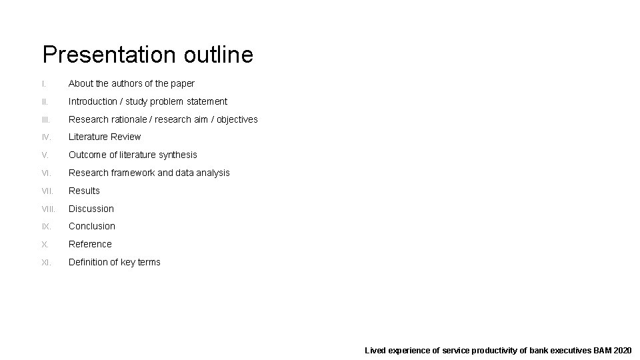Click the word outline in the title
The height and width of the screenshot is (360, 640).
click(217, 55)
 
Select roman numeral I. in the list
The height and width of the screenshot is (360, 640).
click(43, 84)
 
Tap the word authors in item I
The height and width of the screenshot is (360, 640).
click(127, 83)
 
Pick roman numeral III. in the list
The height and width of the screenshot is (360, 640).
click(45, 120)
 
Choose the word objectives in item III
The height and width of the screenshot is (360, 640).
click(233, 119)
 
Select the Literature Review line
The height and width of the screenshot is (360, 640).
click(105, 137)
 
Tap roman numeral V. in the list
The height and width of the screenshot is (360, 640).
click(45, 155)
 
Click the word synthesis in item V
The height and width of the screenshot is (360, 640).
click(176, 155)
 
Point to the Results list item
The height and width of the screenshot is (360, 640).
click(84, 191)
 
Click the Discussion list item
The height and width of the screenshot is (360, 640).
click(91, 209)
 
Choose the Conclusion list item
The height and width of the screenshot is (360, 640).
click(92, 226)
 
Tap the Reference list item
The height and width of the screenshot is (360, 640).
click(90, 244)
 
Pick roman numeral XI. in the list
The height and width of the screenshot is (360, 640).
click(46, 263)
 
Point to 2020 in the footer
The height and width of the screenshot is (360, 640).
click(621, 350)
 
